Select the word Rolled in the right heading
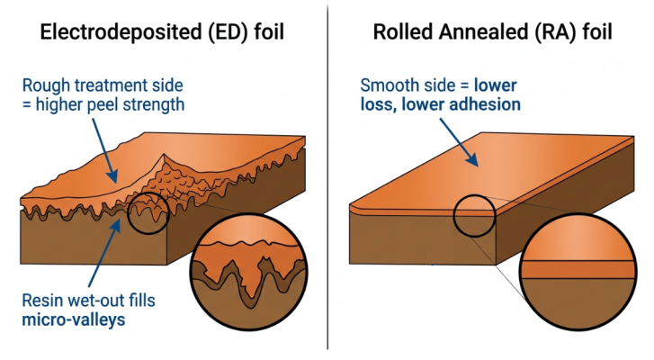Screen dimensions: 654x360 click(x=400, y=32)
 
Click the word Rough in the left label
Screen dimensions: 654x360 click(x=46, y=85)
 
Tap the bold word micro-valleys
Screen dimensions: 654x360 click(x=74, y=320)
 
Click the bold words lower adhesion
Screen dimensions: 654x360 click(x=461, y=104)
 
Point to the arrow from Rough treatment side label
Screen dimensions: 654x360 click(x=103, y=151)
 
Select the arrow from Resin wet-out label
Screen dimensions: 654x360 click(x=105, y=253)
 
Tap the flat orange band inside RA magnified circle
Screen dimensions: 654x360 click(x=578, y=269)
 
